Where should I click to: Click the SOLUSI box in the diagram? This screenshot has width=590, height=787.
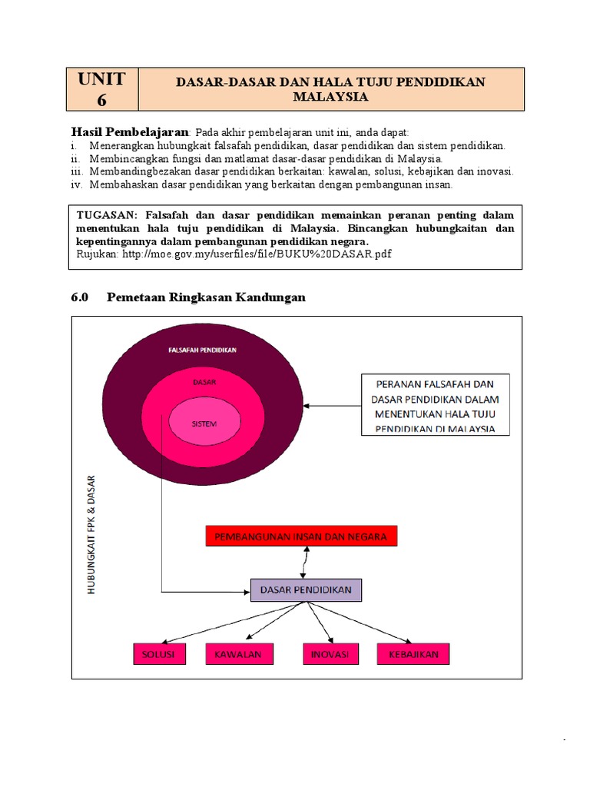tap(158, 654)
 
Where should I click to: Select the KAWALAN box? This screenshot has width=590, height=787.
tap(239, 654)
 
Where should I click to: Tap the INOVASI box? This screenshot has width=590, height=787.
tap(330, 654)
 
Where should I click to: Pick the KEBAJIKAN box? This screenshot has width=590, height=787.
tap(413, 654)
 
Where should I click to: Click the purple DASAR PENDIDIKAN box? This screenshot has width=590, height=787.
tap(306, 590)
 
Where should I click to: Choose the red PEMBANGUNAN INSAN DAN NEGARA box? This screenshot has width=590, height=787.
tap(301, 536)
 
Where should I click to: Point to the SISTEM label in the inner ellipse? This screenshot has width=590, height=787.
tap(204, 423)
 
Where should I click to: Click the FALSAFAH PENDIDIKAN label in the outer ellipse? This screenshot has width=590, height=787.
tap(203, 350)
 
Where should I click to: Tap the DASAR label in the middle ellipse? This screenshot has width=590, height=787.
tap(204, 382)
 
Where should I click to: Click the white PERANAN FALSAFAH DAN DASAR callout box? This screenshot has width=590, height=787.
tap(436, 404)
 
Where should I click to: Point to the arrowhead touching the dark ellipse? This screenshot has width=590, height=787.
tap(307, 405)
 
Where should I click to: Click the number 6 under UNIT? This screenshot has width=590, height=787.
tap(103, 100)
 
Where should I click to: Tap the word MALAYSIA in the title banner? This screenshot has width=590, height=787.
tap(331, 97)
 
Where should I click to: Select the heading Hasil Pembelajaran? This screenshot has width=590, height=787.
tap(129, 131)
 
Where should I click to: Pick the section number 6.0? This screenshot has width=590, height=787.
tap(81, 297)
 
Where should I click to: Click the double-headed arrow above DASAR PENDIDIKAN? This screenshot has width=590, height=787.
tap(307, 563)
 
